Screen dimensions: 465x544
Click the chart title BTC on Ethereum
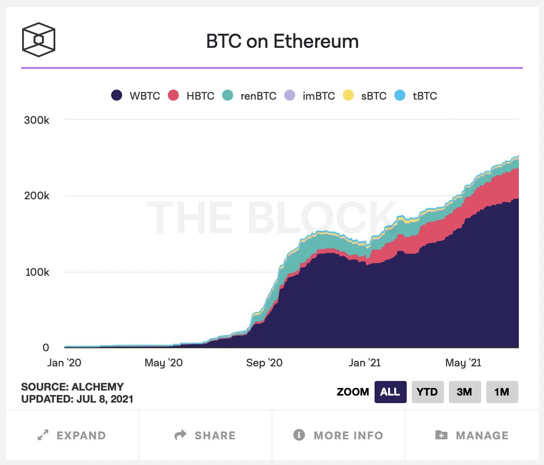283,41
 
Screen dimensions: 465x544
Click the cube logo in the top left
38,39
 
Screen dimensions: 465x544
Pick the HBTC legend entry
192,96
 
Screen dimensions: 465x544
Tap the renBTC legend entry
250,96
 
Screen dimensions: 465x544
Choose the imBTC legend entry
310,96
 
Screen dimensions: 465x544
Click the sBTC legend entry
365,96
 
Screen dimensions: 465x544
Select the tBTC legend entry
416,96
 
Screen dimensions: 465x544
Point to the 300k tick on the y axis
36,120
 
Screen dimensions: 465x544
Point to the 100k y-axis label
36,272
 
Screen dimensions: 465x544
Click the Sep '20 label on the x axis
265,363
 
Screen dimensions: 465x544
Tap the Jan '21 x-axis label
365,363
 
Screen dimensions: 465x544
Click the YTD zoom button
427,392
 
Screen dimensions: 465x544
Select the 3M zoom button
464,392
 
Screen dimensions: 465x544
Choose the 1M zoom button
502,392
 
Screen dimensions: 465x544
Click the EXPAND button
72,435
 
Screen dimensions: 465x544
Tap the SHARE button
205,435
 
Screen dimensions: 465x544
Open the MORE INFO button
338,435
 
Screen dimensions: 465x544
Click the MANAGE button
472,435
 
